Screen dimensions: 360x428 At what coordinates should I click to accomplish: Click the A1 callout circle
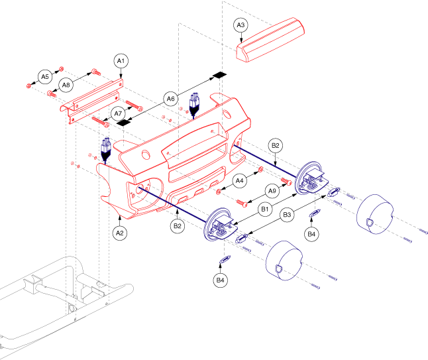point(121,61)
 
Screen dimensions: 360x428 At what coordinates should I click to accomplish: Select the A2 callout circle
point(120,233)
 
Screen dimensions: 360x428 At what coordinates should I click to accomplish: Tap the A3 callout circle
point(242,26)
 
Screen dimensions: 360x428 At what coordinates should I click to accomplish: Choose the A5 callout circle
point(45,76)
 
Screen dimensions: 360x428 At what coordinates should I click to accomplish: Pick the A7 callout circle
point(119,114)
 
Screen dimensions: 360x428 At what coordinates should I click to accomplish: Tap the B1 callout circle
point(264,210)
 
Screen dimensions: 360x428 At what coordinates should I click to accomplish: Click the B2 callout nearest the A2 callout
point(178,225)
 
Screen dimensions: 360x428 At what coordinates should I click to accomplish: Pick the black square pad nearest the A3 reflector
point(220,75)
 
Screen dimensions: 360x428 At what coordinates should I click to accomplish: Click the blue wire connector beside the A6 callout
point(195,104)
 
